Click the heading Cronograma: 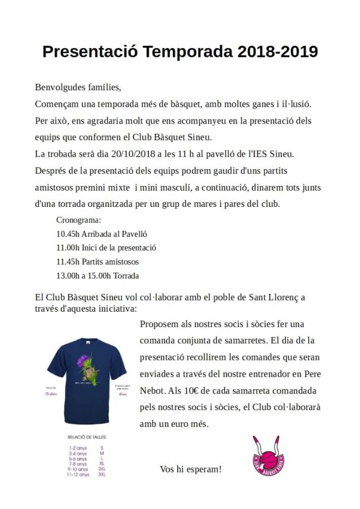tap(79, 221)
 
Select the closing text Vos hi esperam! tap(191, 469)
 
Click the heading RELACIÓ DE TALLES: tap(87, 437)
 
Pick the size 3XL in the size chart tap(102, 475)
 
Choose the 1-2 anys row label tap(78, 448)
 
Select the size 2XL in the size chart tap(102, 469)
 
